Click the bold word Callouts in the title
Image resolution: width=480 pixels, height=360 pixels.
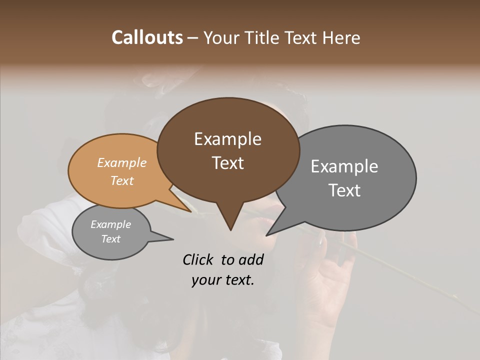147,37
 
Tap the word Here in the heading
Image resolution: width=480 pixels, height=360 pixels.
341,37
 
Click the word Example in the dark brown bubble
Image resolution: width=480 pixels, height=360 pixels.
227,139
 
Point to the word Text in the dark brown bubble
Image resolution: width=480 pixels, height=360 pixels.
227,162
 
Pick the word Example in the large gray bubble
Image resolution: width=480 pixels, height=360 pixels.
344,166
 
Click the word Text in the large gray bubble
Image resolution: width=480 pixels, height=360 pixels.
344,190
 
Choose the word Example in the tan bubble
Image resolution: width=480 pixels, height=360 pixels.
121,162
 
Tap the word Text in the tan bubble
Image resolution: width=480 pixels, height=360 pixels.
121,180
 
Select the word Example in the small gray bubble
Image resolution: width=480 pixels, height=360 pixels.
110,224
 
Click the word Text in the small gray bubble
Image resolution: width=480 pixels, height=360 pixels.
110,239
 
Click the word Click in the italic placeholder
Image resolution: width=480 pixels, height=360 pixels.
198,259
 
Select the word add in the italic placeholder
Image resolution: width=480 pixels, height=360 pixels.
251,259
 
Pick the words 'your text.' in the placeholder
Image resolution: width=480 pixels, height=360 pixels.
222,280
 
